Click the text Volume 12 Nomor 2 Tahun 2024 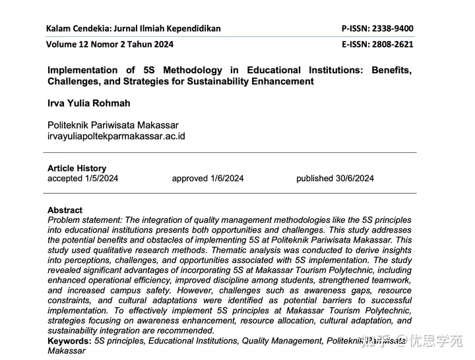110,44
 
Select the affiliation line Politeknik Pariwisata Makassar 113,125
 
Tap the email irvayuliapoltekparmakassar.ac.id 116,136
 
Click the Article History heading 77,168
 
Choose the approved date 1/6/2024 226,178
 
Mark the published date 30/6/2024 354,178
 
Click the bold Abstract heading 65,210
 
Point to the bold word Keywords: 69,341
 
